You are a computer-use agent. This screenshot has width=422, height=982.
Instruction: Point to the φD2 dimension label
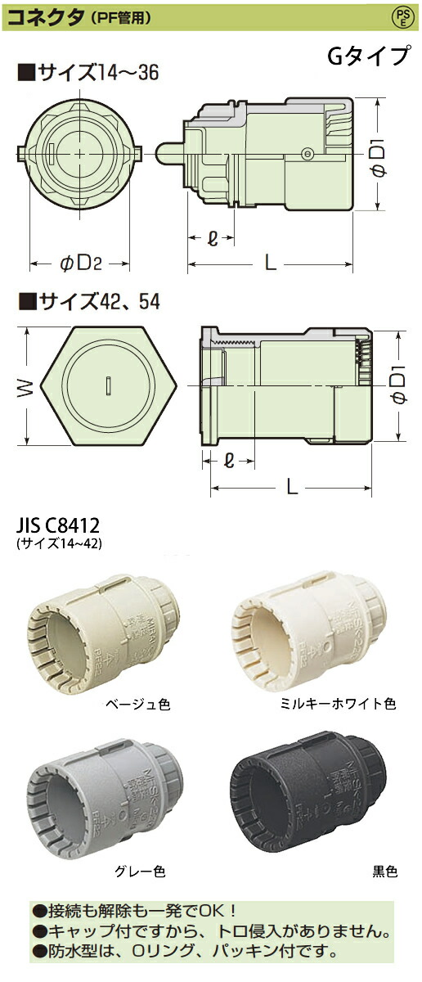pos(80,264)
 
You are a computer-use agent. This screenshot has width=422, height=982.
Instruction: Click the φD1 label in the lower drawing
pos(399,385)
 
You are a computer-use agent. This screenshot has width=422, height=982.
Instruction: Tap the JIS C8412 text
pos(59,525)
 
